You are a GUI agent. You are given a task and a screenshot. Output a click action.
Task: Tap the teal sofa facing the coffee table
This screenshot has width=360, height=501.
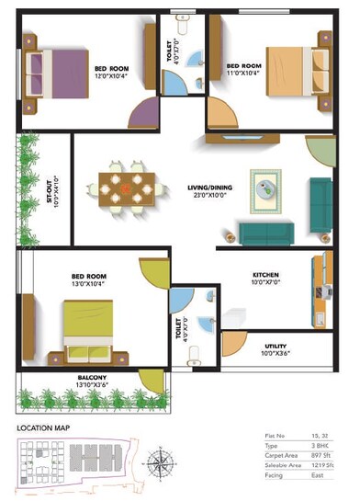(x=266, y=230)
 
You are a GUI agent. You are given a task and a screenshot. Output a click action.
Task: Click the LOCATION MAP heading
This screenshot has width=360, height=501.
(x=44, y=427)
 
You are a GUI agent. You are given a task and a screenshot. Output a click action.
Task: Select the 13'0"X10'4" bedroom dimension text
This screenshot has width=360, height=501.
(x=90, y=284)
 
